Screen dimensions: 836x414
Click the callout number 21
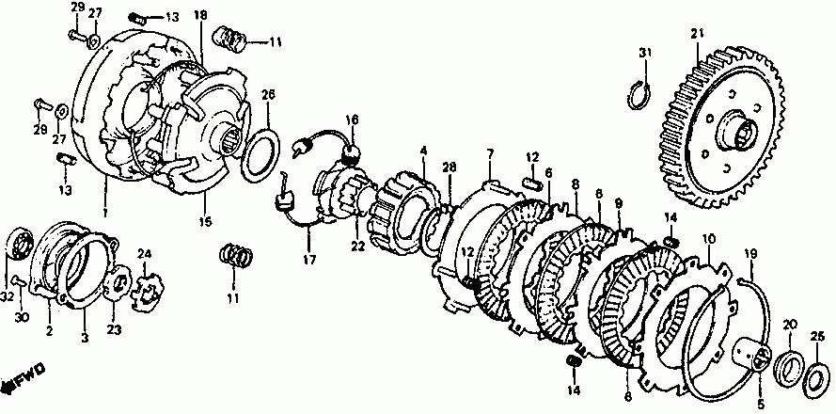697,35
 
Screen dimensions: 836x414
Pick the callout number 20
789,325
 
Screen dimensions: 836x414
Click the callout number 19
750,254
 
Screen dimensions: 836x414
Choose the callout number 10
706,240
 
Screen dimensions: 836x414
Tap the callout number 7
490,152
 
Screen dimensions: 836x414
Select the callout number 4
423,151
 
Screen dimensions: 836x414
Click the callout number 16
352,120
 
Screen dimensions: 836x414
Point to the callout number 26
268,95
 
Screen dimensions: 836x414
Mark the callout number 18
200,16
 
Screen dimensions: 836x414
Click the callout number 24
145,253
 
